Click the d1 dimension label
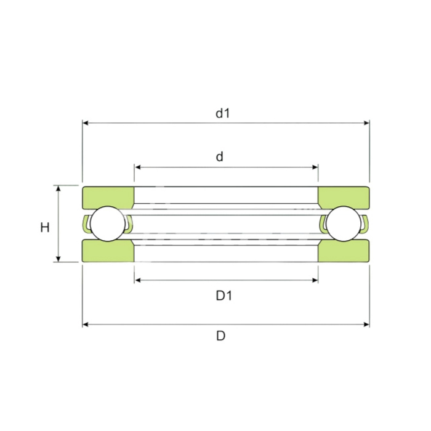coord(222,113)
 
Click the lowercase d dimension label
coord(219,156)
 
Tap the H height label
coord(45,228)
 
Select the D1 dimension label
coord(224,296)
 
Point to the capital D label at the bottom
coord(220,336)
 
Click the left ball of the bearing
coord(108,224)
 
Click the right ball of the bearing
coord(344,224)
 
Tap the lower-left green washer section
coord(108,251)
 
